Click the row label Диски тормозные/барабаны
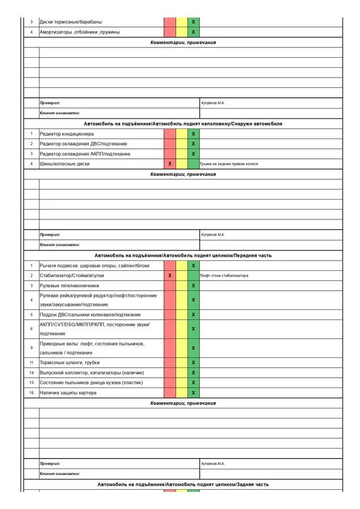71,22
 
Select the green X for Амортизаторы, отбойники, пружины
194,32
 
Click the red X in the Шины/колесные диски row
170,163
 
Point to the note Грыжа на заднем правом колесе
229,163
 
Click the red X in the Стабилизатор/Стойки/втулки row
170,275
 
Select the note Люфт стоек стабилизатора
224,275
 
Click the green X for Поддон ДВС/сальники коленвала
194,314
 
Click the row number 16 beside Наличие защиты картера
32,392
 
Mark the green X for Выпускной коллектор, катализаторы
194,373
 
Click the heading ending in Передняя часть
183,256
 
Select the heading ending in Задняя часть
183,485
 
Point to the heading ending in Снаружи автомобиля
183,123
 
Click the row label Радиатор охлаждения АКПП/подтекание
85,154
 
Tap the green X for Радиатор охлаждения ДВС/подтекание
194,144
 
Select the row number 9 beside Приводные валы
32,348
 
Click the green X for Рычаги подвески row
194,265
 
